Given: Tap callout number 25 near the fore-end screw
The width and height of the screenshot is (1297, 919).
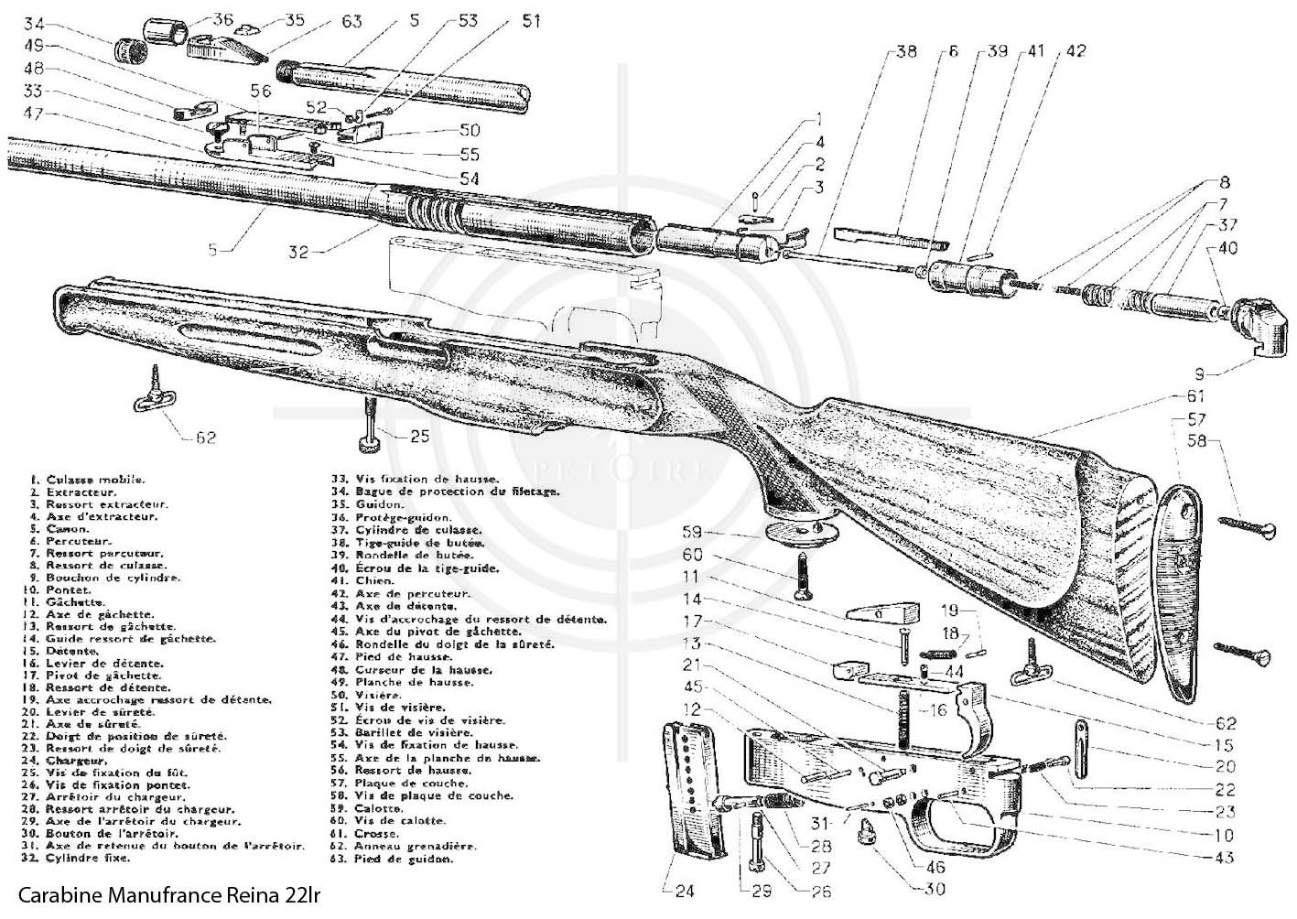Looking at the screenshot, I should (418, 436).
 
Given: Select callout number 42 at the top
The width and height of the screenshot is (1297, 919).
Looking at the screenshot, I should (1075, 51).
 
